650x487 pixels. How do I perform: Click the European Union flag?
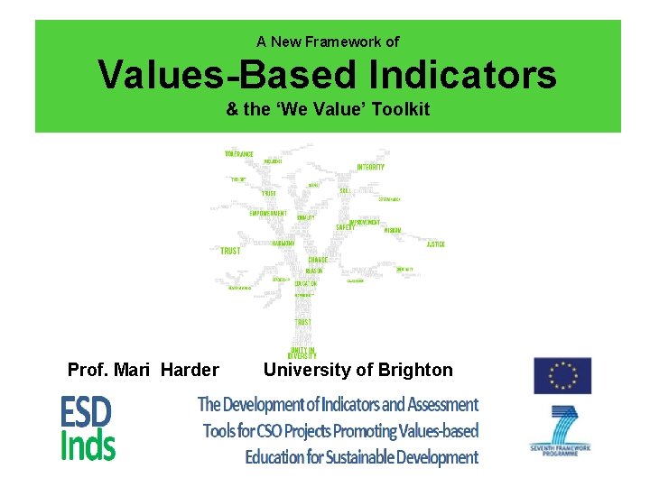pos(562,376)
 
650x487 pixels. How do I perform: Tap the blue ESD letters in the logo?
pos(86,413)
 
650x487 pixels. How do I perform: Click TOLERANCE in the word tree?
pos(239,154)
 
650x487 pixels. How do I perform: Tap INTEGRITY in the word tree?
pos(370,167)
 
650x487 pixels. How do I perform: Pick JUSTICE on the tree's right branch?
pos(435,244)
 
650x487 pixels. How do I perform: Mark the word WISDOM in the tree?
pos(392,230)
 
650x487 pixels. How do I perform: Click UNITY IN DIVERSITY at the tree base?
pos(302,352)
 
